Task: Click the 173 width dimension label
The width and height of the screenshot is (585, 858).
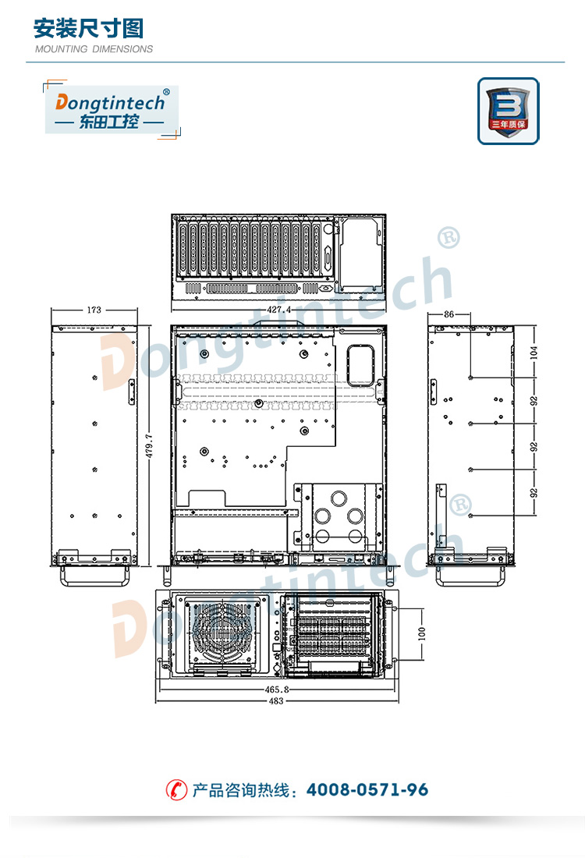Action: [94, 310]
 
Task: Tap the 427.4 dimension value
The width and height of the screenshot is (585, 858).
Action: [278, 309]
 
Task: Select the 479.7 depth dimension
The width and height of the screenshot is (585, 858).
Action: [149, 446]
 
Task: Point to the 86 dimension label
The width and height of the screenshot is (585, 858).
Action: [448, 314]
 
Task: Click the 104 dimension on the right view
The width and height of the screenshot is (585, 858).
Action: [534, 353]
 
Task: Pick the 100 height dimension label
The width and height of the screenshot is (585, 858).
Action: [421, 633]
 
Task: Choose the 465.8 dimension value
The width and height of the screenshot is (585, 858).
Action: [277, 690]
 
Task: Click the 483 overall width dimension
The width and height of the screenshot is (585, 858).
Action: [276, 701]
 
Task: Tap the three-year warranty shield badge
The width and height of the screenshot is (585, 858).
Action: [509, 111]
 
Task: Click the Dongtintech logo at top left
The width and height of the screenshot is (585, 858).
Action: [112, 109]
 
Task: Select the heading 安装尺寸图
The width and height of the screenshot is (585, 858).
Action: [89, 28]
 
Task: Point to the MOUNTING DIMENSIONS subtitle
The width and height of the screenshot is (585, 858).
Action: [94, 49]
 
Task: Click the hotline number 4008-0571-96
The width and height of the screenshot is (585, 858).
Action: [367, 789]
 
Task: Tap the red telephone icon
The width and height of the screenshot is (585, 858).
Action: [176, 789]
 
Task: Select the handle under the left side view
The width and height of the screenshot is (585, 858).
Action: [94, 576]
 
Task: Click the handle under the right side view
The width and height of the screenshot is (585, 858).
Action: [470, 576]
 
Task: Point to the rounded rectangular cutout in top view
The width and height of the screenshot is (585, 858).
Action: [360, 365]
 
